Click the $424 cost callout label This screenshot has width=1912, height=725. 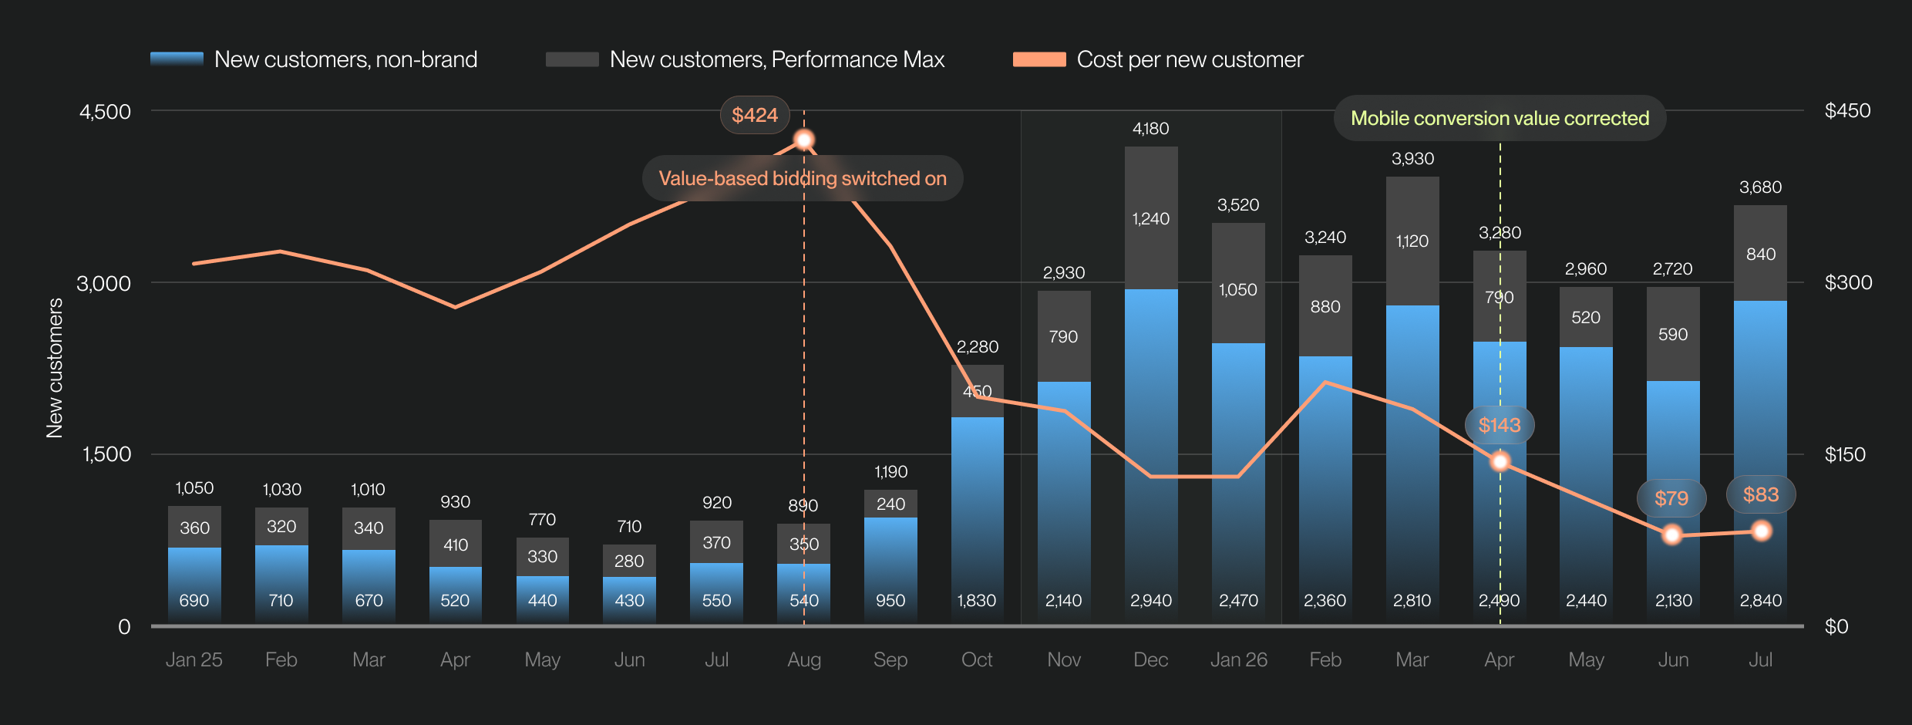[x=755, y=115]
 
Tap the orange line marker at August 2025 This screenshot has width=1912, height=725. [x=804, y=140]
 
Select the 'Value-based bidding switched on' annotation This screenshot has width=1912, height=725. [x=803, y=178]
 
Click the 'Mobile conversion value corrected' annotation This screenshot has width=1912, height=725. [x=1500, y=118]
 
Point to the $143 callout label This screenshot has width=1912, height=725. [x=1500, y=425]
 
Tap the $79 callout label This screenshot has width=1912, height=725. [x=1671, y=498]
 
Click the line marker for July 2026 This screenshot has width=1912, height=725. [x=1761, y=531]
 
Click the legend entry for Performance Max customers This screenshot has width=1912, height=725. [x=745, y=59]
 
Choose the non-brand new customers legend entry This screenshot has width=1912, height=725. [x=314, y=59]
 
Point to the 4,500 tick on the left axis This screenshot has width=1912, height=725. [x=106, y=111]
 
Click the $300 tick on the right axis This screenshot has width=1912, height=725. [x=1848, y=282]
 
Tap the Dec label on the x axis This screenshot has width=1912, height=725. [x=1151, y=659]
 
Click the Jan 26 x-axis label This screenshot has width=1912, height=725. [x=1238, y=659]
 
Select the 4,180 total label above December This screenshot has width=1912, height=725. [x=1151, y=129]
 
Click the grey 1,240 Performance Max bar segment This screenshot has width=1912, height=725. [x=1151, y=218]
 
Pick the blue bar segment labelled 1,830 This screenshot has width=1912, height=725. [x=978, y=521]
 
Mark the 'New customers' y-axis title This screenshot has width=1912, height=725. [x=55, y=369]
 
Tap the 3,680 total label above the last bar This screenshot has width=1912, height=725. [x=1761, y=187]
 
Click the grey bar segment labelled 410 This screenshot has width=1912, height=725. [x=456, y=544]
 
